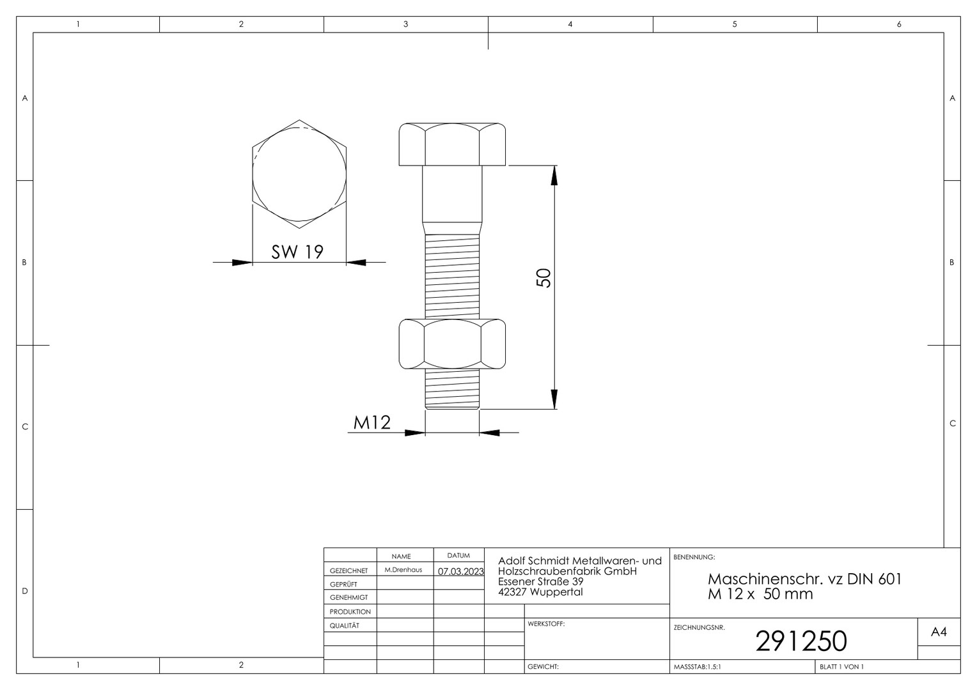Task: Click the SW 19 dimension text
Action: point(297,252)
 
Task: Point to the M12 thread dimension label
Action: point(371,422)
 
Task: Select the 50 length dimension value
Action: point(543,278)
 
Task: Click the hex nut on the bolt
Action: point(452,344)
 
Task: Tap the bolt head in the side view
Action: point(452,144)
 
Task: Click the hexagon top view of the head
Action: point(299,174)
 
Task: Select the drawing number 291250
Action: point(801,641)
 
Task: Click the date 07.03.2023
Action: point(460,571)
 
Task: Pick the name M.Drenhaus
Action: point(403,570)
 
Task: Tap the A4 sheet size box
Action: point(939,632)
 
